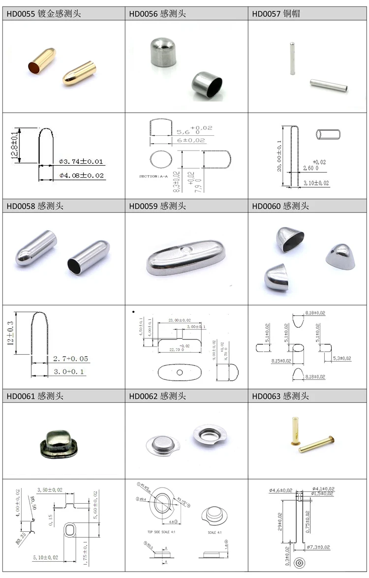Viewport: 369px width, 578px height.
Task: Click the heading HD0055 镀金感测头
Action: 44,14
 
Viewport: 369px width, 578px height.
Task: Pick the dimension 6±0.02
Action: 191,140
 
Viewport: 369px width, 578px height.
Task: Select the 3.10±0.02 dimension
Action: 316,183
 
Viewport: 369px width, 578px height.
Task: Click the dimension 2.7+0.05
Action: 71,359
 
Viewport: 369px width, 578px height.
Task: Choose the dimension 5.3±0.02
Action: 341,358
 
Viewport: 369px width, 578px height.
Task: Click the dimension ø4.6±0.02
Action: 280,490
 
